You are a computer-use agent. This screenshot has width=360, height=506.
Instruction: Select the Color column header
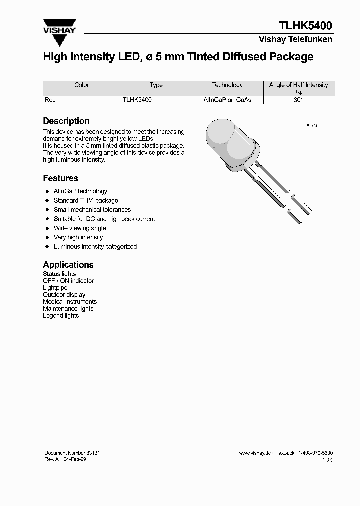[82, 85]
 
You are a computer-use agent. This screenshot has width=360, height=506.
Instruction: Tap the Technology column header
[227, 85]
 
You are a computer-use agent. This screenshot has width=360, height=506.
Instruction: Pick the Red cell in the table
[50, 100]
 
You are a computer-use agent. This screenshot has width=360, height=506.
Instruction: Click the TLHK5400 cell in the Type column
[137, 100]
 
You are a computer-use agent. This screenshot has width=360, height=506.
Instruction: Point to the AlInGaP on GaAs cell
[227, 100]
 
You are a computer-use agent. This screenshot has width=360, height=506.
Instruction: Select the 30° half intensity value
[298, 100]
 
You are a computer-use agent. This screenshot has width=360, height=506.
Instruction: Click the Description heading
[66, 121]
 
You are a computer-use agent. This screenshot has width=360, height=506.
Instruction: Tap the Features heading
[60, 178]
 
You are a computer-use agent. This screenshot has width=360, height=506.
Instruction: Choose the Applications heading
[68, 265]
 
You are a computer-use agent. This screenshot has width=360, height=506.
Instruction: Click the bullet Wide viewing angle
[80, 228]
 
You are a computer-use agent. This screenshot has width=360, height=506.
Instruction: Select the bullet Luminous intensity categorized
[95, 247]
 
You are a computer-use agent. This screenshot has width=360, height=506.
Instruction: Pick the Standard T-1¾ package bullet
[86, 201]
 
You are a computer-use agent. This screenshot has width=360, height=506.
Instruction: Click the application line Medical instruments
[70, 302]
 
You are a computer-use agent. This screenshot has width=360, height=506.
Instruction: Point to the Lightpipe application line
[55, 288]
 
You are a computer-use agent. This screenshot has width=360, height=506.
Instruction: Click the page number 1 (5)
[327, 459]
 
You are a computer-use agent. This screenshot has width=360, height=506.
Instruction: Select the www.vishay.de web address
[255, 453]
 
